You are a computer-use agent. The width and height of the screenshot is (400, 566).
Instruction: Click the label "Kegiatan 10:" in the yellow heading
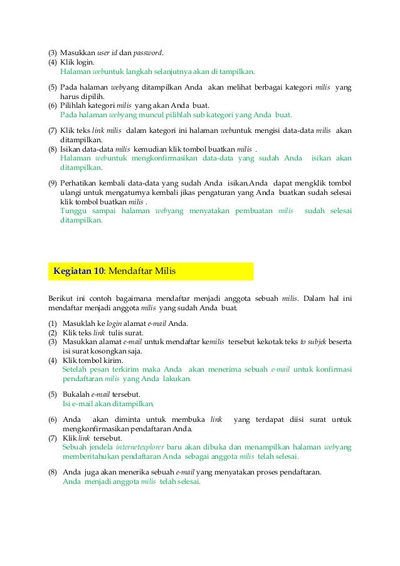(80, 271)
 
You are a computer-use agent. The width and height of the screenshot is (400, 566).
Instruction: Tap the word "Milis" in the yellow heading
(165, 271)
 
